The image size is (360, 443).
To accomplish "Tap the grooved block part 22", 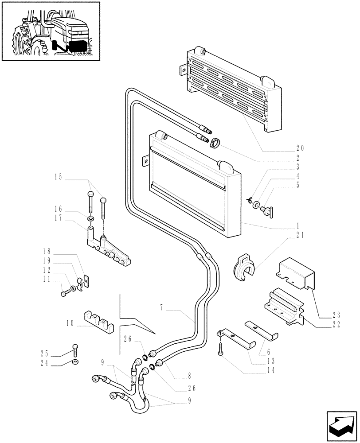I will click(284, 306).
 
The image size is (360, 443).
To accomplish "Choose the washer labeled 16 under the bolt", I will click(91, 218).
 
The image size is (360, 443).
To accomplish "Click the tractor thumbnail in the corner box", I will click(51, 31).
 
